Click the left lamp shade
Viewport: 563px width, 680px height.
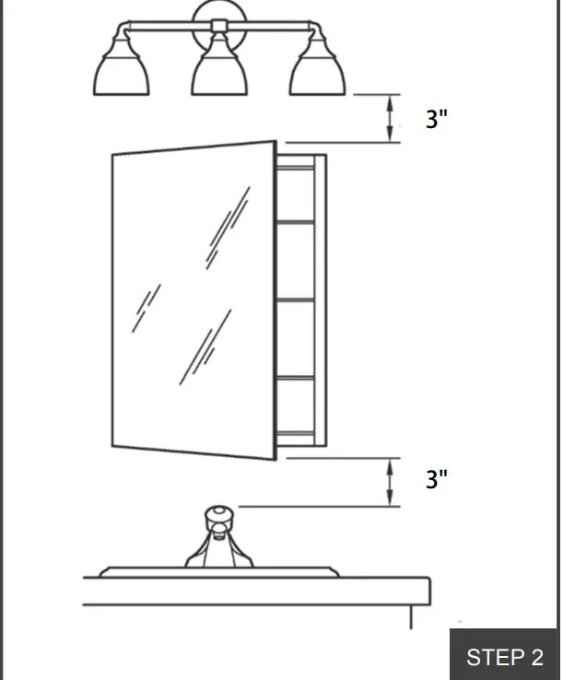pyautogui.click(x=123, y=73)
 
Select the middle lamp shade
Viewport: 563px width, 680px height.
pyautogui.click(x=218, y=73)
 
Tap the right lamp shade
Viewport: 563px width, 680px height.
pyautogui.click(x=317, y=73)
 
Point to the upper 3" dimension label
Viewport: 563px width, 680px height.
pyautogui.click(x=437, y=119)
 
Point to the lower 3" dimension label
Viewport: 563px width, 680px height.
pyautogui.click(x=437, y=479)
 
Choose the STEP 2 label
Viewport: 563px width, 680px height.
pyautogui.click(x=504, y=657)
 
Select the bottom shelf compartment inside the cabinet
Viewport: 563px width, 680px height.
pyautogui.click(x=297, y=410)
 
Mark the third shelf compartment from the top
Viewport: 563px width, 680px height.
pyautogui.click(x=297, y=338)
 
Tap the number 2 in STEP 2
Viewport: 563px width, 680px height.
pyautogui.click(x=534, y=657)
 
